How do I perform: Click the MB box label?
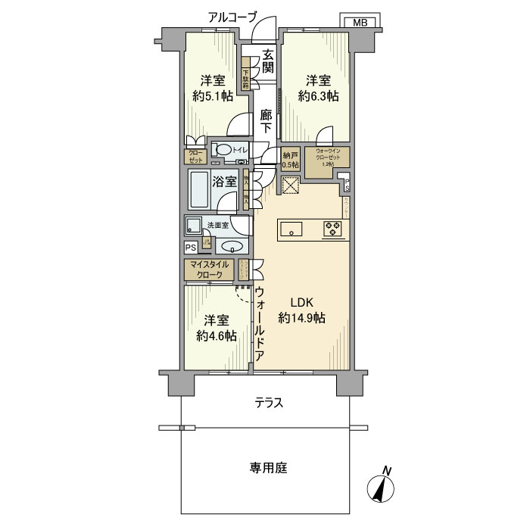pyautogui.click(x=360, y=23)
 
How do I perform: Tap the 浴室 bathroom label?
pyautogui.click(x=225, y=182)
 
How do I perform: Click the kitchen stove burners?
pyautogui.click(x=332, y=228)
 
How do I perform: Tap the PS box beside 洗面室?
pyautogui.click(x=189, y=247)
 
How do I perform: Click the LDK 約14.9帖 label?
pyautogui.click(x=302, y=310)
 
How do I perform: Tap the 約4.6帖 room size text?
pyautogui.click(x=216, y=327)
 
